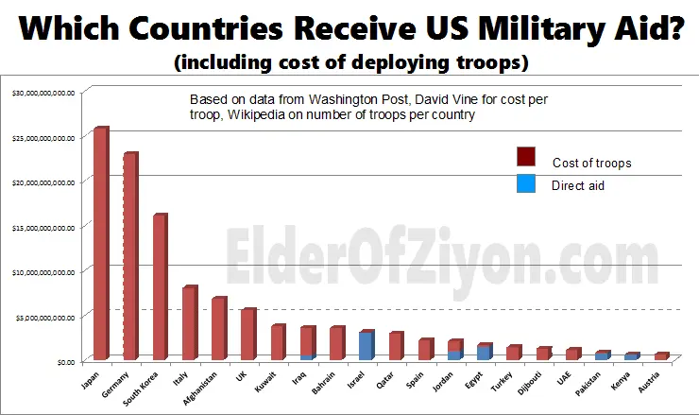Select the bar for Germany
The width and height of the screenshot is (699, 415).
pyautogui.click(x=130, y=256)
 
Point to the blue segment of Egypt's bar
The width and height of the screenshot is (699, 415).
pyautogui.click(x=483, y=353)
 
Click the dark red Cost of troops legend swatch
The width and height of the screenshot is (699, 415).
pyautogui.click(x=526, y=157)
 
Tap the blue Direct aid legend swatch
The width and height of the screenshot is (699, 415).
pyautogui.click(x=526, y=184)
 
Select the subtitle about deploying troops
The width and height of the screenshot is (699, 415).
pyautogui.click(x=349, y=64)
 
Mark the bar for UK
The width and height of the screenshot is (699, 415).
pyautogui.click(x=247, y=334)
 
